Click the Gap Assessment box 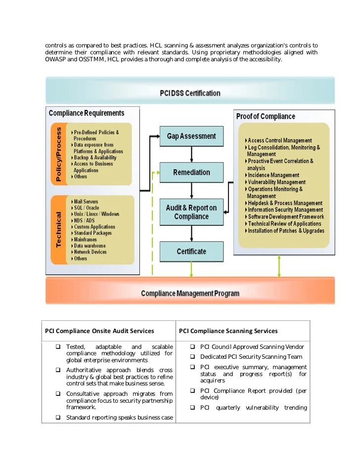(x=191, y=136)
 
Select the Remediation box (x=191, y=172)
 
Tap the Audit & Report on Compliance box (x=191, y=212)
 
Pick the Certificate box (x=191, y=252)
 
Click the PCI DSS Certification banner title (x=190, y=93)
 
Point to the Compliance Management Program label (x=190, y=294)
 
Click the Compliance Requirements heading (x=87, y=114)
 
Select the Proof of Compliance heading (x=266, y=117)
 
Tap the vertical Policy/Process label (x=59, y=154)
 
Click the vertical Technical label (x=59, y=230)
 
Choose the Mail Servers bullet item (x=86, y=202)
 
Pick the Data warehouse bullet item (x=90, y=246)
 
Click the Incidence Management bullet (x=273, y=175)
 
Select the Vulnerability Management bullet (x=276, y=182)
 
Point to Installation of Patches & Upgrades (x=286, y=231)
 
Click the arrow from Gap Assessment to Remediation (x=191, y=155)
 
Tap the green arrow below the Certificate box (x=191, y=270)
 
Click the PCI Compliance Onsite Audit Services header (x=99, y=331)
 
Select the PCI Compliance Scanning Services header (x=228, y=331)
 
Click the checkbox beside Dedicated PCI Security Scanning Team (x=193, y=357)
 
